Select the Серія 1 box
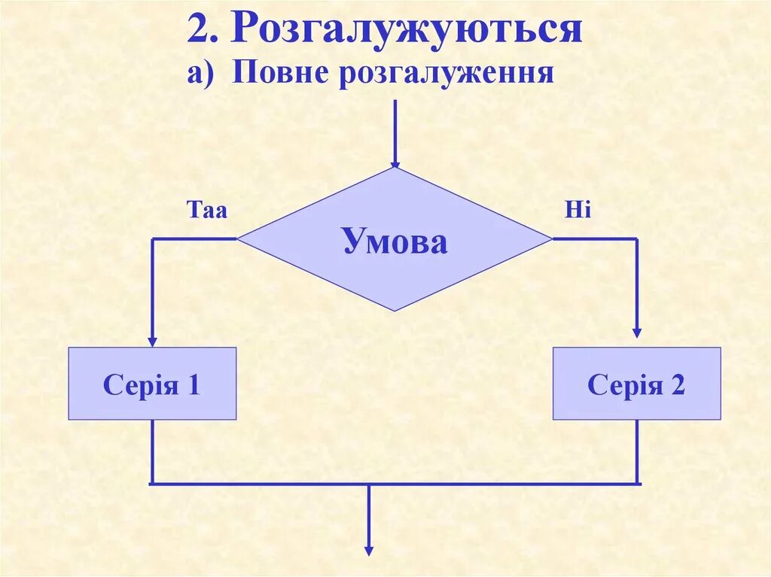152,384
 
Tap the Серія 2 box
636,384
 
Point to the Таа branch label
207,211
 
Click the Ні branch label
578,211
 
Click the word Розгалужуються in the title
407,30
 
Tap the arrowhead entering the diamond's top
395,163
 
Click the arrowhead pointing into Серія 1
152,342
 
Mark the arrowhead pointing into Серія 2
637,333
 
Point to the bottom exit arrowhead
369,550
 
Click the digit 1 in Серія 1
194,385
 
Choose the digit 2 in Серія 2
678,385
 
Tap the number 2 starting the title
197,30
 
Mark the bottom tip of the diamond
395,309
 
